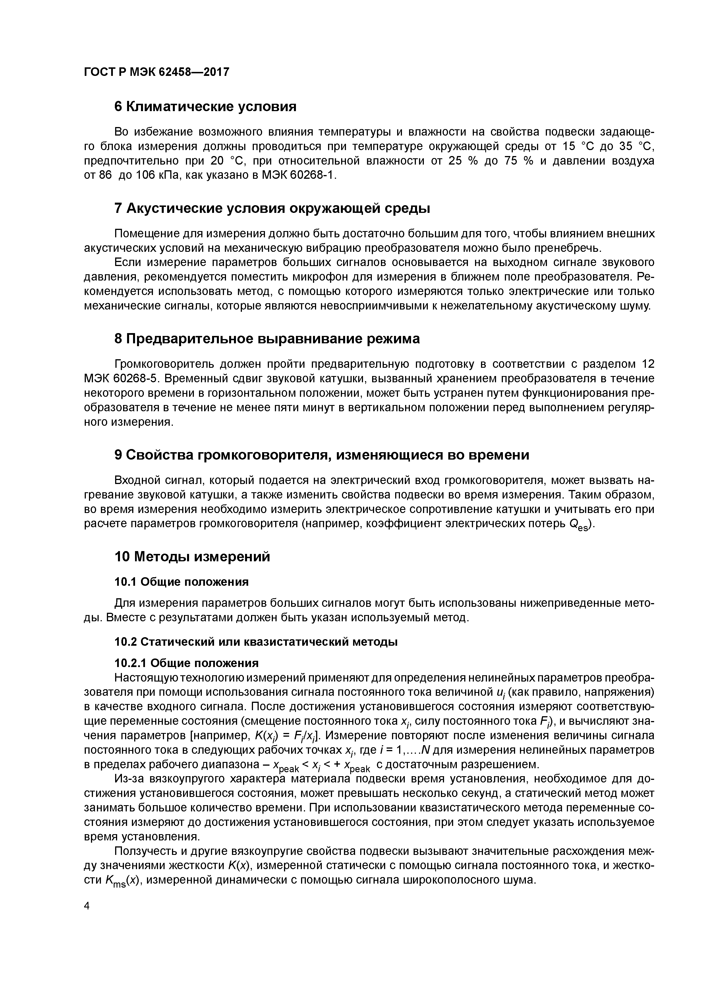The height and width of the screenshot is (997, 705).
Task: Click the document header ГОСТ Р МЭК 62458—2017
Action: tap(156, 72)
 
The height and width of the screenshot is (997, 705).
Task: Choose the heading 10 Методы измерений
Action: tap(192, 557)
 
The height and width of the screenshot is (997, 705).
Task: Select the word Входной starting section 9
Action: tap(137, 480)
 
